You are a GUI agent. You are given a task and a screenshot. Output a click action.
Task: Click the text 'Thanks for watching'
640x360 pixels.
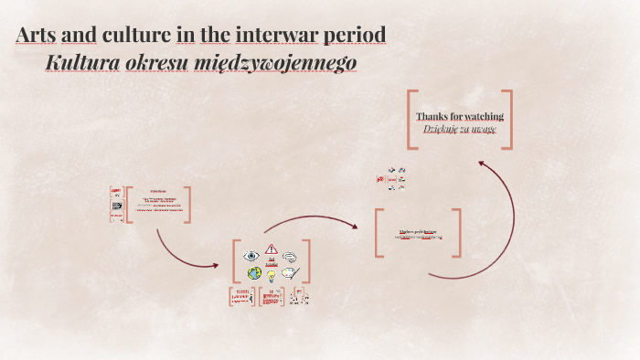pos(460,116)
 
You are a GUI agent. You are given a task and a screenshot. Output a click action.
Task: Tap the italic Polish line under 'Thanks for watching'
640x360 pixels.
pos(460,129)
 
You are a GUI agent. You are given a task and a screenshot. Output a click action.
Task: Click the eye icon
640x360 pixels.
pos(251,256)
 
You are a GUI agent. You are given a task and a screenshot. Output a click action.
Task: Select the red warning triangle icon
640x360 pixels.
pos(272,249)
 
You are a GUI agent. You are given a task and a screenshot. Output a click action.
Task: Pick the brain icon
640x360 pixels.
pos(290,257)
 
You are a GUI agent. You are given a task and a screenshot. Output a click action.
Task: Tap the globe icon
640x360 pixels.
pos(254,272)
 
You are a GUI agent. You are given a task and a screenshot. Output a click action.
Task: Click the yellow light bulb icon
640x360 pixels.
pos(272,275)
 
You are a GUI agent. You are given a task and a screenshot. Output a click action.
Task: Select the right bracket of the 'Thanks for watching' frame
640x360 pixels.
pos(508,119)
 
